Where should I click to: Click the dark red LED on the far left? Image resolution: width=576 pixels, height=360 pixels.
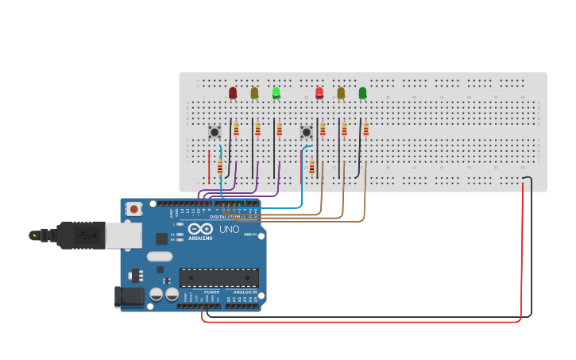(x=233, y=93)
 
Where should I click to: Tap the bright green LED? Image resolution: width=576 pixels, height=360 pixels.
(x=276, y=92)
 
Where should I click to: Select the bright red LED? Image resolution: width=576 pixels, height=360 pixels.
(x=319, y=92)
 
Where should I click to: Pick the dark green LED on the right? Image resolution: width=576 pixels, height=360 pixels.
(x=363, y=93)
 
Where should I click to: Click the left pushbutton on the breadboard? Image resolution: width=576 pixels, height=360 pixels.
(x=215, y=132)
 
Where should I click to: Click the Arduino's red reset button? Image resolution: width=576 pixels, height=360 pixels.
(x=134, y=209)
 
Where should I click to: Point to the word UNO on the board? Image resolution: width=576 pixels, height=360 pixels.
(x=229, y=230)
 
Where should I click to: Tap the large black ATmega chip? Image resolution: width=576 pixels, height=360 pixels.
(x=218, y=277)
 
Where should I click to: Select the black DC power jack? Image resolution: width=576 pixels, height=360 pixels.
(x=130, y=297)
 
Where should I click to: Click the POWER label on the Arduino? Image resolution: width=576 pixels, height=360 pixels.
(x=211, y=292)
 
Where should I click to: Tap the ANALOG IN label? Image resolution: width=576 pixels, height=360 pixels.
(x=244, y=292)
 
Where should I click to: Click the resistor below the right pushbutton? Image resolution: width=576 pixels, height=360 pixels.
(x=312, y=168)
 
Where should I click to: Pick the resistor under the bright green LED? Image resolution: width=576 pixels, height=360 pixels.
(x=279, y=130)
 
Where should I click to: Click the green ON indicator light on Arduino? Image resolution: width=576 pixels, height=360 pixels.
(x=248, y=234)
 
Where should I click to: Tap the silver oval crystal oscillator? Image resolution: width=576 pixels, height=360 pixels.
(x=160, y=256)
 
